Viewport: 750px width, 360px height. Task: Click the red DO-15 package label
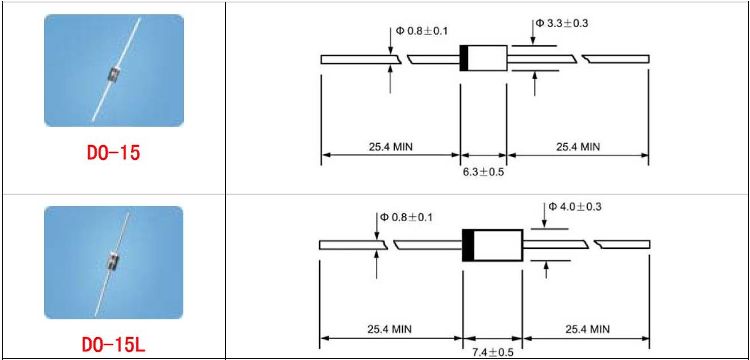[x=113, y=152]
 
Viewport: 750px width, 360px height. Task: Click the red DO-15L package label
[x=113, y=345]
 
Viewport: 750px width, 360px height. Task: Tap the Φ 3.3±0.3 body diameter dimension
[x=562, y=23]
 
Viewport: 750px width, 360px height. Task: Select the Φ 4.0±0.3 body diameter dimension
[x=575, y=206]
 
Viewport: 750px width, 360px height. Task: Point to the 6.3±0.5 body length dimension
[x=483, y=172]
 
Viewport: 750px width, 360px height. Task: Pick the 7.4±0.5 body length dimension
[x=493, y=353]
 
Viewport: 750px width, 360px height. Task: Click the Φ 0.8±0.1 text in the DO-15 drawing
[x=422, y=31]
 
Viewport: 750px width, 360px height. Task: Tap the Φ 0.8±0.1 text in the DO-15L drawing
[x=406, y=217]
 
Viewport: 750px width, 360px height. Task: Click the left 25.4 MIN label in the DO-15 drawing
[x=391, y=147]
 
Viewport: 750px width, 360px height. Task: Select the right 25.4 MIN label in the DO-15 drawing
[x=578, y=147]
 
